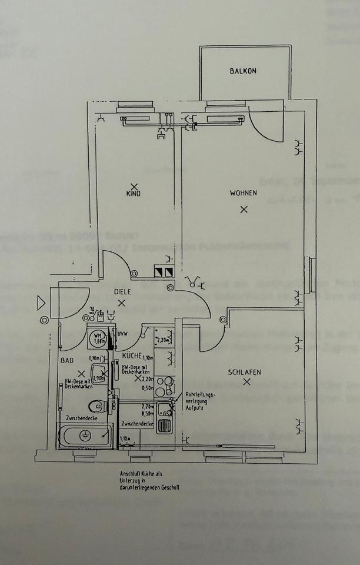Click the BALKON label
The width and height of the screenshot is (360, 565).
click(x=243, y=71)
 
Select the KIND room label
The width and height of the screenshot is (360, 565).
click(x=134, y=194)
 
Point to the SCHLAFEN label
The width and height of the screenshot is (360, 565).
click(x=246, y=372)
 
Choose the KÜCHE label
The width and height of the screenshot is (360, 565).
click(x=132, y=355)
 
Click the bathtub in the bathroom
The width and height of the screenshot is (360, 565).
click(x=84, y=436)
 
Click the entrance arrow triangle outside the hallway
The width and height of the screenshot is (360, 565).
click(x=41, y=303)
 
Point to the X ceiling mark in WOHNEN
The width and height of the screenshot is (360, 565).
click(x=244, y=209)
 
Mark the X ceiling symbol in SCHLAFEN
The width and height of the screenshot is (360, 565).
click(x=246, y=382)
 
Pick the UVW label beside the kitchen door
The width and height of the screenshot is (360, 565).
click(x=122, y=335)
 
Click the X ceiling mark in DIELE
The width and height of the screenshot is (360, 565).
click(x=122, y=303)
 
